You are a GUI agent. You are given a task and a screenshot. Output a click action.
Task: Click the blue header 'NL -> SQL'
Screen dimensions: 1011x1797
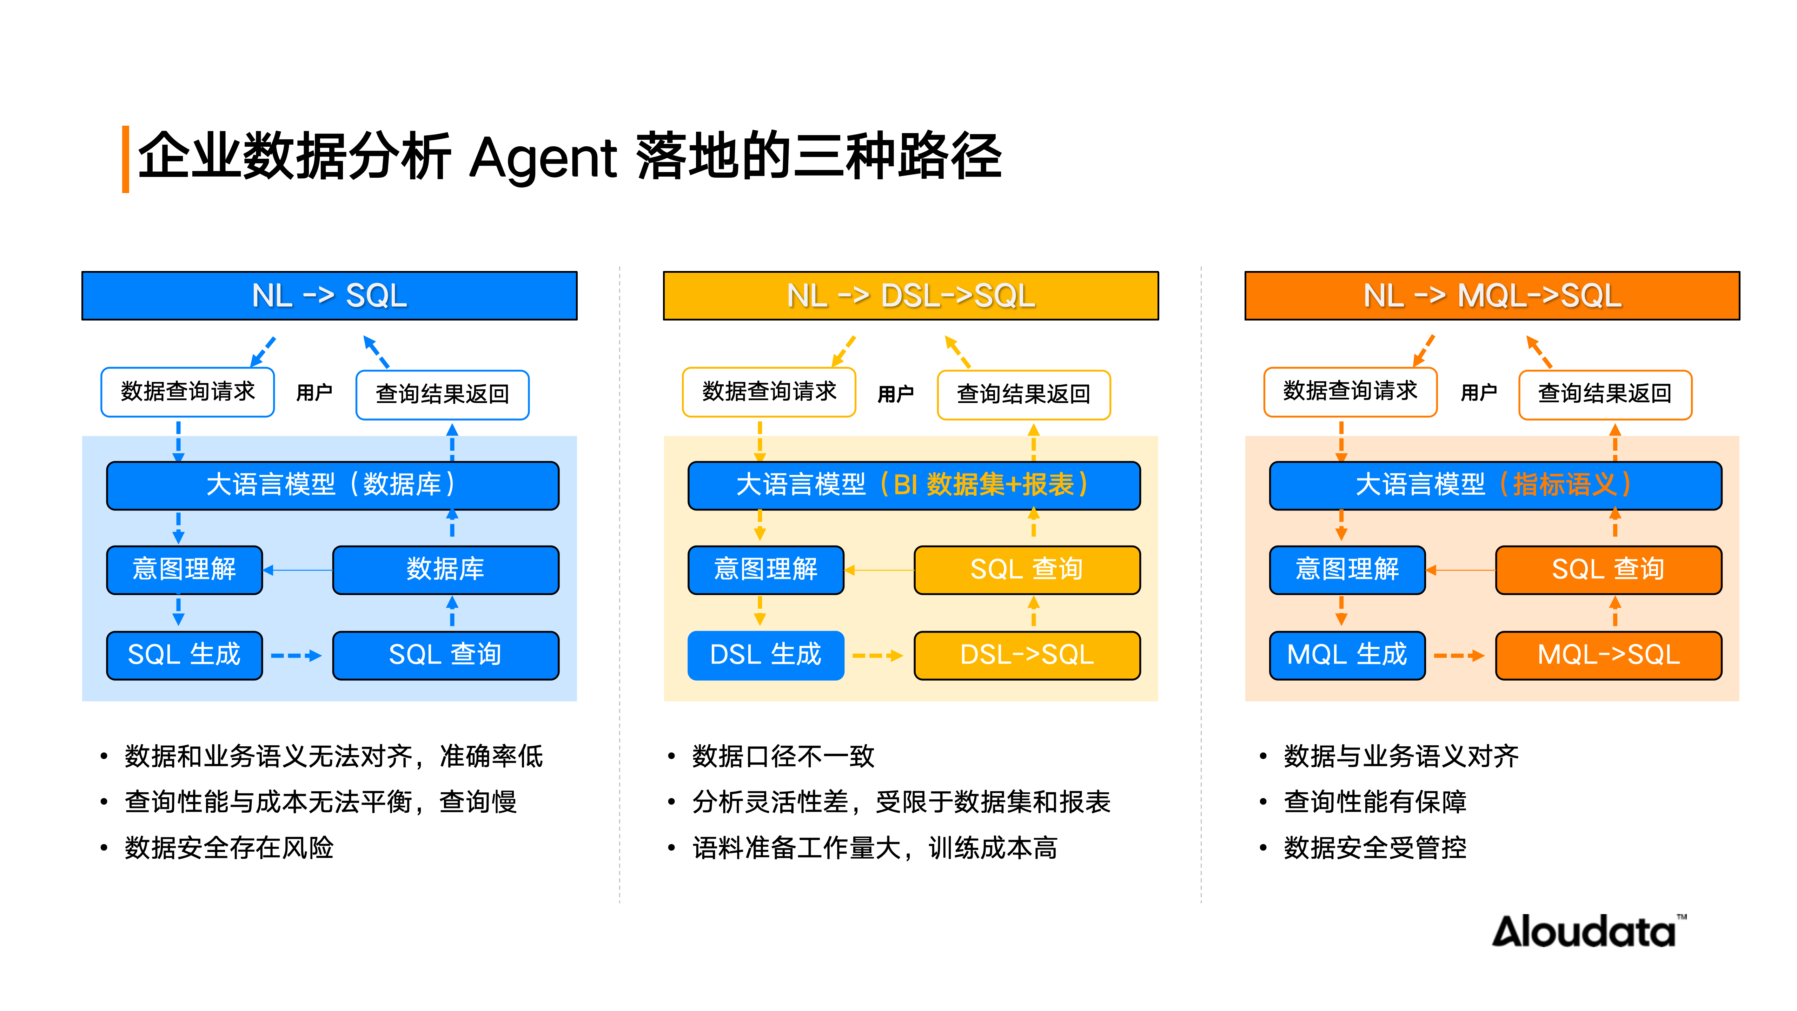click(x=329, y=296)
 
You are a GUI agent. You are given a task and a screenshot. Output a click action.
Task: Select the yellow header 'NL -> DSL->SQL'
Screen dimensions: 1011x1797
click(x=910, y=296)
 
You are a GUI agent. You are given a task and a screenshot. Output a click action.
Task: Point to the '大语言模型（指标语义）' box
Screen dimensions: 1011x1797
click(x=1495, y=485)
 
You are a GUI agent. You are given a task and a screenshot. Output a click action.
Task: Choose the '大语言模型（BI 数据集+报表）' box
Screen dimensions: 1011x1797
click(x=914, y=485)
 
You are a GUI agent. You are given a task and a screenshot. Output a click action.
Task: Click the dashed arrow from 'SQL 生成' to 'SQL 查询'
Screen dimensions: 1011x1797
click(x=296, y=656)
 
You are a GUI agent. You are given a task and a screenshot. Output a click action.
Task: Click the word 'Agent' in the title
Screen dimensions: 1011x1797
click(x=543, y=158)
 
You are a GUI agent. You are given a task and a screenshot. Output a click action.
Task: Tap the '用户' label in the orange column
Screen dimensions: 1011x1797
click(x=1478, y=393)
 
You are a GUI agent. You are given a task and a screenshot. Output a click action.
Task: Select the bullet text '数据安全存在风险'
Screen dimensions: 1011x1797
click(x=229, y=848)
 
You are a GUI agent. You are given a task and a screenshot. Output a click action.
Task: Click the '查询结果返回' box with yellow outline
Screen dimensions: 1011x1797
click(x=1023, y=394)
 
